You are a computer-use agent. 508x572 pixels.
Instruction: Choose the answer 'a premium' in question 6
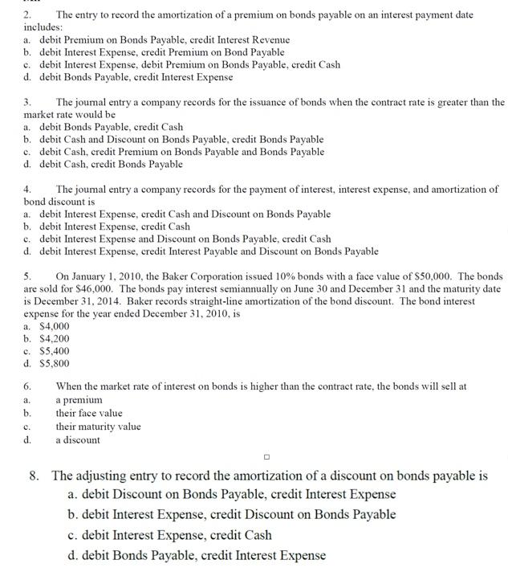79,399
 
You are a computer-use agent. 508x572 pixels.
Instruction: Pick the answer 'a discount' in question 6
78,439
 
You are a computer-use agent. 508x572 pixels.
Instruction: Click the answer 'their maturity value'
97,426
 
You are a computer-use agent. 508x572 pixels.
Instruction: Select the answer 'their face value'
88,413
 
